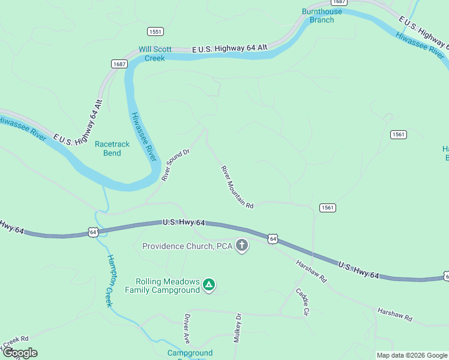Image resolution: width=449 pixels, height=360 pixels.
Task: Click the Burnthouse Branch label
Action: tap(322, 16)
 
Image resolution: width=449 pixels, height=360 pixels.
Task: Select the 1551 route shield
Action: tap(155, 31)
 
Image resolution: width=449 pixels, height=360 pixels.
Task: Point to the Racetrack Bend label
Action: tap(108, 148)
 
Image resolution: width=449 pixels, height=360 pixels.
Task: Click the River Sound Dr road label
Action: tap(175, 165)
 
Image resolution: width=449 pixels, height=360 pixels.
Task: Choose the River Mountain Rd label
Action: tap(237, 187)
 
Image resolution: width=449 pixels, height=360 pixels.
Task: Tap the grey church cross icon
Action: tap(242, 245)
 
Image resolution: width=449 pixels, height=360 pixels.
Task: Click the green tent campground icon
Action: tap(208, 284)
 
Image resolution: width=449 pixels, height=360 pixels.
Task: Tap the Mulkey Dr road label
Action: tap(238, 327)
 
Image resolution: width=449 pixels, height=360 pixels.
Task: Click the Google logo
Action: tap(19, 353)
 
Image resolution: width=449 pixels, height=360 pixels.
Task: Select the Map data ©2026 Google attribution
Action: tap(412, 355)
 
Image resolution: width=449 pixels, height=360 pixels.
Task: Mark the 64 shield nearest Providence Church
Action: tap(273, 239)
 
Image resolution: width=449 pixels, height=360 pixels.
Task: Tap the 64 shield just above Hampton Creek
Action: tap(92, 232)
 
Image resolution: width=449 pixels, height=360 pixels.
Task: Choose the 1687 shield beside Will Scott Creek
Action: tap(118, 64)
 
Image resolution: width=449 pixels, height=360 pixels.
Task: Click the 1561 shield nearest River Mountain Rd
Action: tap(327, 208)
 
